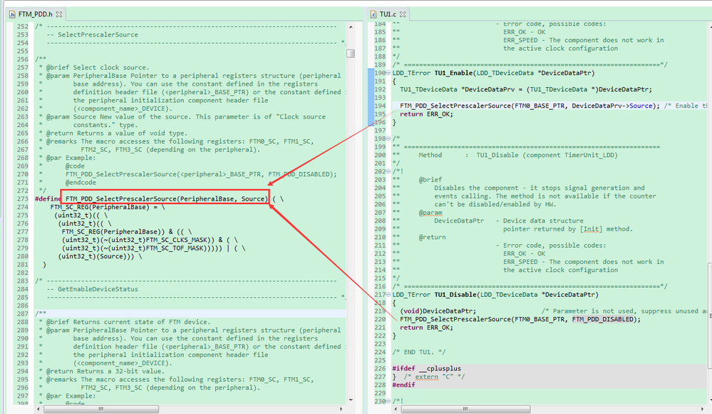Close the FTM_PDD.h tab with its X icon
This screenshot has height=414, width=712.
[59, 14]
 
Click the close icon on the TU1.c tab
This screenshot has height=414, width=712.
[403, 14]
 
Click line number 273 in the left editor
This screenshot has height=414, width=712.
[23, 199]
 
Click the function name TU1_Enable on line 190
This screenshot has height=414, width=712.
[453, 73]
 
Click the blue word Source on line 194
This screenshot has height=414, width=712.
[641, 106]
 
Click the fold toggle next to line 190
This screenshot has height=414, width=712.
[388, 73]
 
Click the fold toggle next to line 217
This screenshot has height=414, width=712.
[388, 295]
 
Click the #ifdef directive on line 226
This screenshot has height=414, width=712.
[403, 368]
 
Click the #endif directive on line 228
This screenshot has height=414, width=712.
[403, 385]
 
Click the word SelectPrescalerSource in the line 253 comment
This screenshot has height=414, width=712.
[98, 34]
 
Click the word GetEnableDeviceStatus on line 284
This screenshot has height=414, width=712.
[98, 289]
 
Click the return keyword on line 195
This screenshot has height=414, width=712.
[411, 113]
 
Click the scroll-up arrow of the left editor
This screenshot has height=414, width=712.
[351, 27]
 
